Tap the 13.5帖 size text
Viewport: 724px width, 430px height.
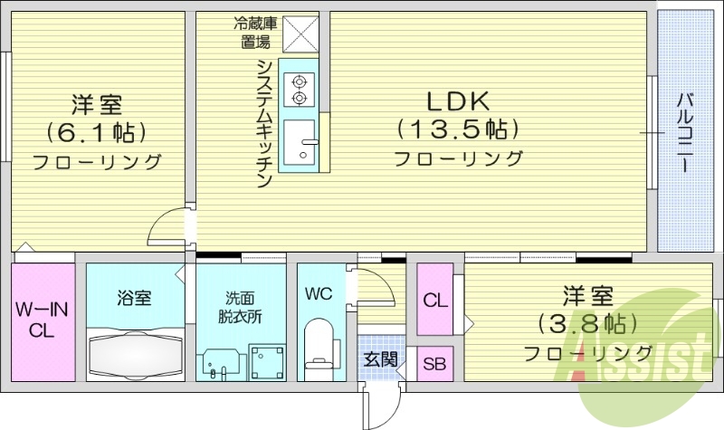tap(457, 129)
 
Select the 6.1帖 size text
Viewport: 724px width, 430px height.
tap(96, 132)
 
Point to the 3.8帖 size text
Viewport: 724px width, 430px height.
tap(588, 322)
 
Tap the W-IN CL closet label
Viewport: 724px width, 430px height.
tap(42, 320)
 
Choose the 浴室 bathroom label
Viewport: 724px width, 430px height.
tap(134, 298)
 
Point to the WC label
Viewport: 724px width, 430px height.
tap(318, 294)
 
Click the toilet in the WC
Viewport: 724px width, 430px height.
tap(319, 349)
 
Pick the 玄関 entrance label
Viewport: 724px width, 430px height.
tap(381, 359)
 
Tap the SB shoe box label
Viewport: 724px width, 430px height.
tap(435, 365)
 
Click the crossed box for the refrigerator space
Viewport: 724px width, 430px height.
tap(300, 35)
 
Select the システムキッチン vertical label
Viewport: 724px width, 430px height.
tap(264, 122)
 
